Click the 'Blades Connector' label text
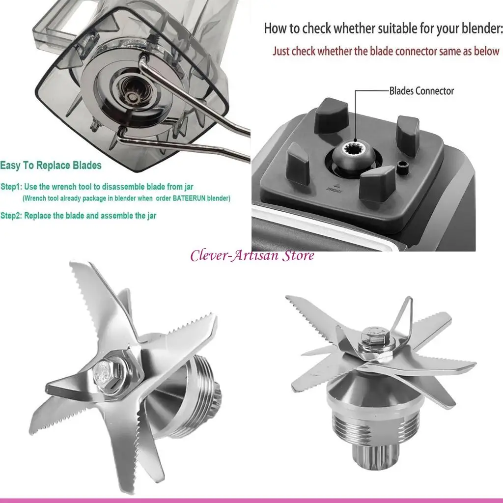[421, 91]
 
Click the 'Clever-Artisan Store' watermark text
[252, 255]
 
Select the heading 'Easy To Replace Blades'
[51, 165]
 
